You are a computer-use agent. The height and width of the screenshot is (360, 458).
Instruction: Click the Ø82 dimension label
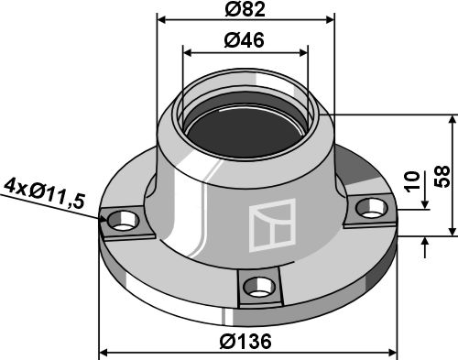point(245,9)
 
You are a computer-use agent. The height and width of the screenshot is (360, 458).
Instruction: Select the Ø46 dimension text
point(244,40)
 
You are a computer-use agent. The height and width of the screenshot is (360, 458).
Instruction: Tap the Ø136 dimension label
point(245,341)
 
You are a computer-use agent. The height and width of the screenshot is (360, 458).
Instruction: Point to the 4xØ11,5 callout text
point(45,194)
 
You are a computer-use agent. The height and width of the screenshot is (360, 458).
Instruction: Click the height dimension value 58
point(442,176)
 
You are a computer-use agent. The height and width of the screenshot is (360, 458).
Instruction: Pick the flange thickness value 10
point(412,181)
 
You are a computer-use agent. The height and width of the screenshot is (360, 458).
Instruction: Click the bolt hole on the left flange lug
point(123,221)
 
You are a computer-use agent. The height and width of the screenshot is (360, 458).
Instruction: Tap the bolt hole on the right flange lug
point(372,208)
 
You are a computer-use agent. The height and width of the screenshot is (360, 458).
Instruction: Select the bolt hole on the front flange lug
point(258,287)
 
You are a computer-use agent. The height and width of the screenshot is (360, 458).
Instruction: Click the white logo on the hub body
point(273,225)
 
